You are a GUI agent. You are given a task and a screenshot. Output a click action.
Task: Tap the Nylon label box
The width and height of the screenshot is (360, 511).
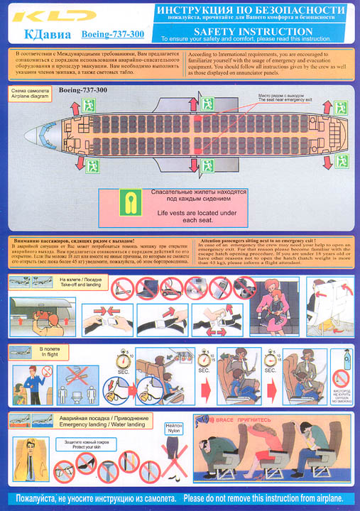175,429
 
